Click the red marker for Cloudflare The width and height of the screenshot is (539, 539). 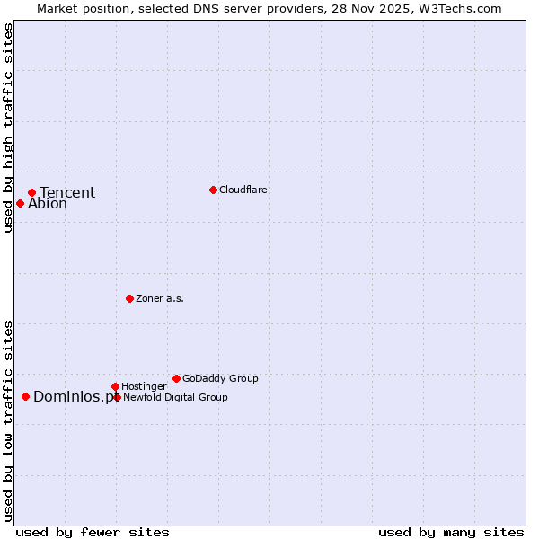[x=213, y=190]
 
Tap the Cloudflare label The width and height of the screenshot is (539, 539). [x=243, y=190]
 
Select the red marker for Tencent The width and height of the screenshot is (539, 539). [x=31, y=192]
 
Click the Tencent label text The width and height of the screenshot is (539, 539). [x=67, y=193]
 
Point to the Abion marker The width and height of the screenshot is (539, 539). [x=20, y=203]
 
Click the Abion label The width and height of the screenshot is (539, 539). [x=48, y=204]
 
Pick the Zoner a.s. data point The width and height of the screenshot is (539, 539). [x=129, y=298]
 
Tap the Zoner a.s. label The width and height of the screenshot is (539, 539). [x=160, y=298]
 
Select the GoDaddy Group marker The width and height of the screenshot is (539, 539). [x=176, y=378]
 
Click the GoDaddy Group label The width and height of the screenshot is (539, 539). [x=220, y=378]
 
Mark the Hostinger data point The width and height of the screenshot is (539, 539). [x=115, y=386]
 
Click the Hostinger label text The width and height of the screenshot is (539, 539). [x=144, y=386]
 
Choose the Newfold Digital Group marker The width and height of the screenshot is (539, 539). [x=117, y=397]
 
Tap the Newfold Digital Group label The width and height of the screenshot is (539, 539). [x=175, y=397]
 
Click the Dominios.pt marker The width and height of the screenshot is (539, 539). [x=25, y=396]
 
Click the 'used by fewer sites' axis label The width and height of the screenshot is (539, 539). [x=93, y=532]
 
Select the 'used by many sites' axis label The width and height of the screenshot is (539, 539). [x=451, y=532]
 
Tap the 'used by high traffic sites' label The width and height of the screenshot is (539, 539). [x=8, y=128]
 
